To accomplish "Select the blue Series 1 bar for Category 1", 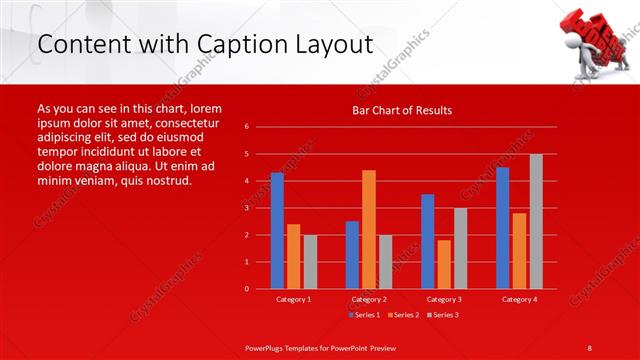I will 277,231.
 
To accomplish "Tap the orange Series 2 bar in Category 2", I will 369,229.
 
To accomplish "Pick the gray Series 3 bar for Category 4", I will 536,221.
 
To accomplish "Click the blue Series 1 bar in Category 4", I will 502,228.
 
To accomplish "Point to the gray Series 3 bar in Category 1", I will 310,262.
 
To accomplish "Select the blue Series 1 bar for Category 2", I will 352,255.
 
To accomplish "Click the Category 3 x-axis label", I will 444,299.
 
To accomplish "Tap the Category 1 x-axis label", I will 293,299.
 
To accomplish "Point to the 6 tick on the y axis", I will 261,127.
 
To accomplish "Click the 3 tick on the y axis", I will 261,208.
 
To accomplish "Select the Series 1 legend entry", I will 364,315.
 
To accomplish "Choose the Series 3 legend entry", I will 443,315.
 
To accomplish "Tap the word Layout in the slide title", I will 326,44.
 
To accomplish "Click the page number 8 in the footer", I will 590,347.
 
